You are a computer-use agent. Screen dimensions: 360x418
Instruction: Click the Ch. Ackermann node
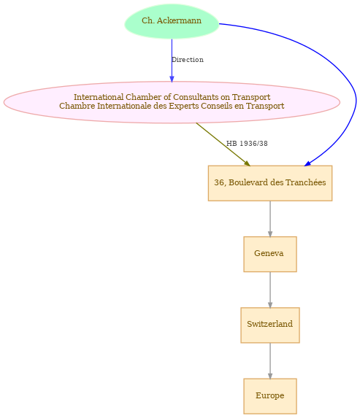172,21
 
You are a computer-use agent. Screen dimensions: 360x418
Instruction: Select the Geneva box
269,254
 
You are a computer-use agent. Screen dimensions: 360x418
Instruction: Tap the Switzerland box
269,325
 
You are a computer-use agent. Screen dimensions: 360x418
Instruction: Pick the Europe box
269,396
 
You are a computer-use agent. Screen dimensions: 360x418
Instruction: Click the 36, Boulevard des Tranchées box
269,183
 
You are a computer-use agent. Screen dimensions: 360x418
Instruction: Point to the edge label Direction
188,60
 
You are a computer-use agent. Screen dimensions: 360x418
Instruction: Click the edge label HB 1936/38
247,144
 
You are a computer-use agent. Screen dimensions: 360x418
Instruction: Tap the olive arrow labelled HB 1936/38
223,144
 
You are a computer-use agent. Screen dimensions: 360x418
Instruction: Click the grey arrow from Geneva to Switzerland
270,290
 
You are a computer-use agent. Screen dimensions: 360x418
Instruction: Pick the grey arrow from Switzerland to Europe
270,360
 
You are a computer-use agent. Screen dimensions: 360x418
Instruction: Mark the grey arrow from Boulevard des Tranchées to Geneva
270,219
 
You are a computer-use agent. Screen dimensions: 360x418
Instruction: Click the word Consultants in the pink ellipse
196,97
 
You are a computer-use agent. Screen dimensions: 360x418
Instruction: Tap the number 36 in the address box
218,182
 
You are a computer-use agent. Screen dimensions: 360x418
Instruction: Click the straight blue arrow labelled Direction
172,61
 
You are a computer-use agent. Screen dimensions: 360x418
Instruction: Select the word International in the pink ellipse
99,97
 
